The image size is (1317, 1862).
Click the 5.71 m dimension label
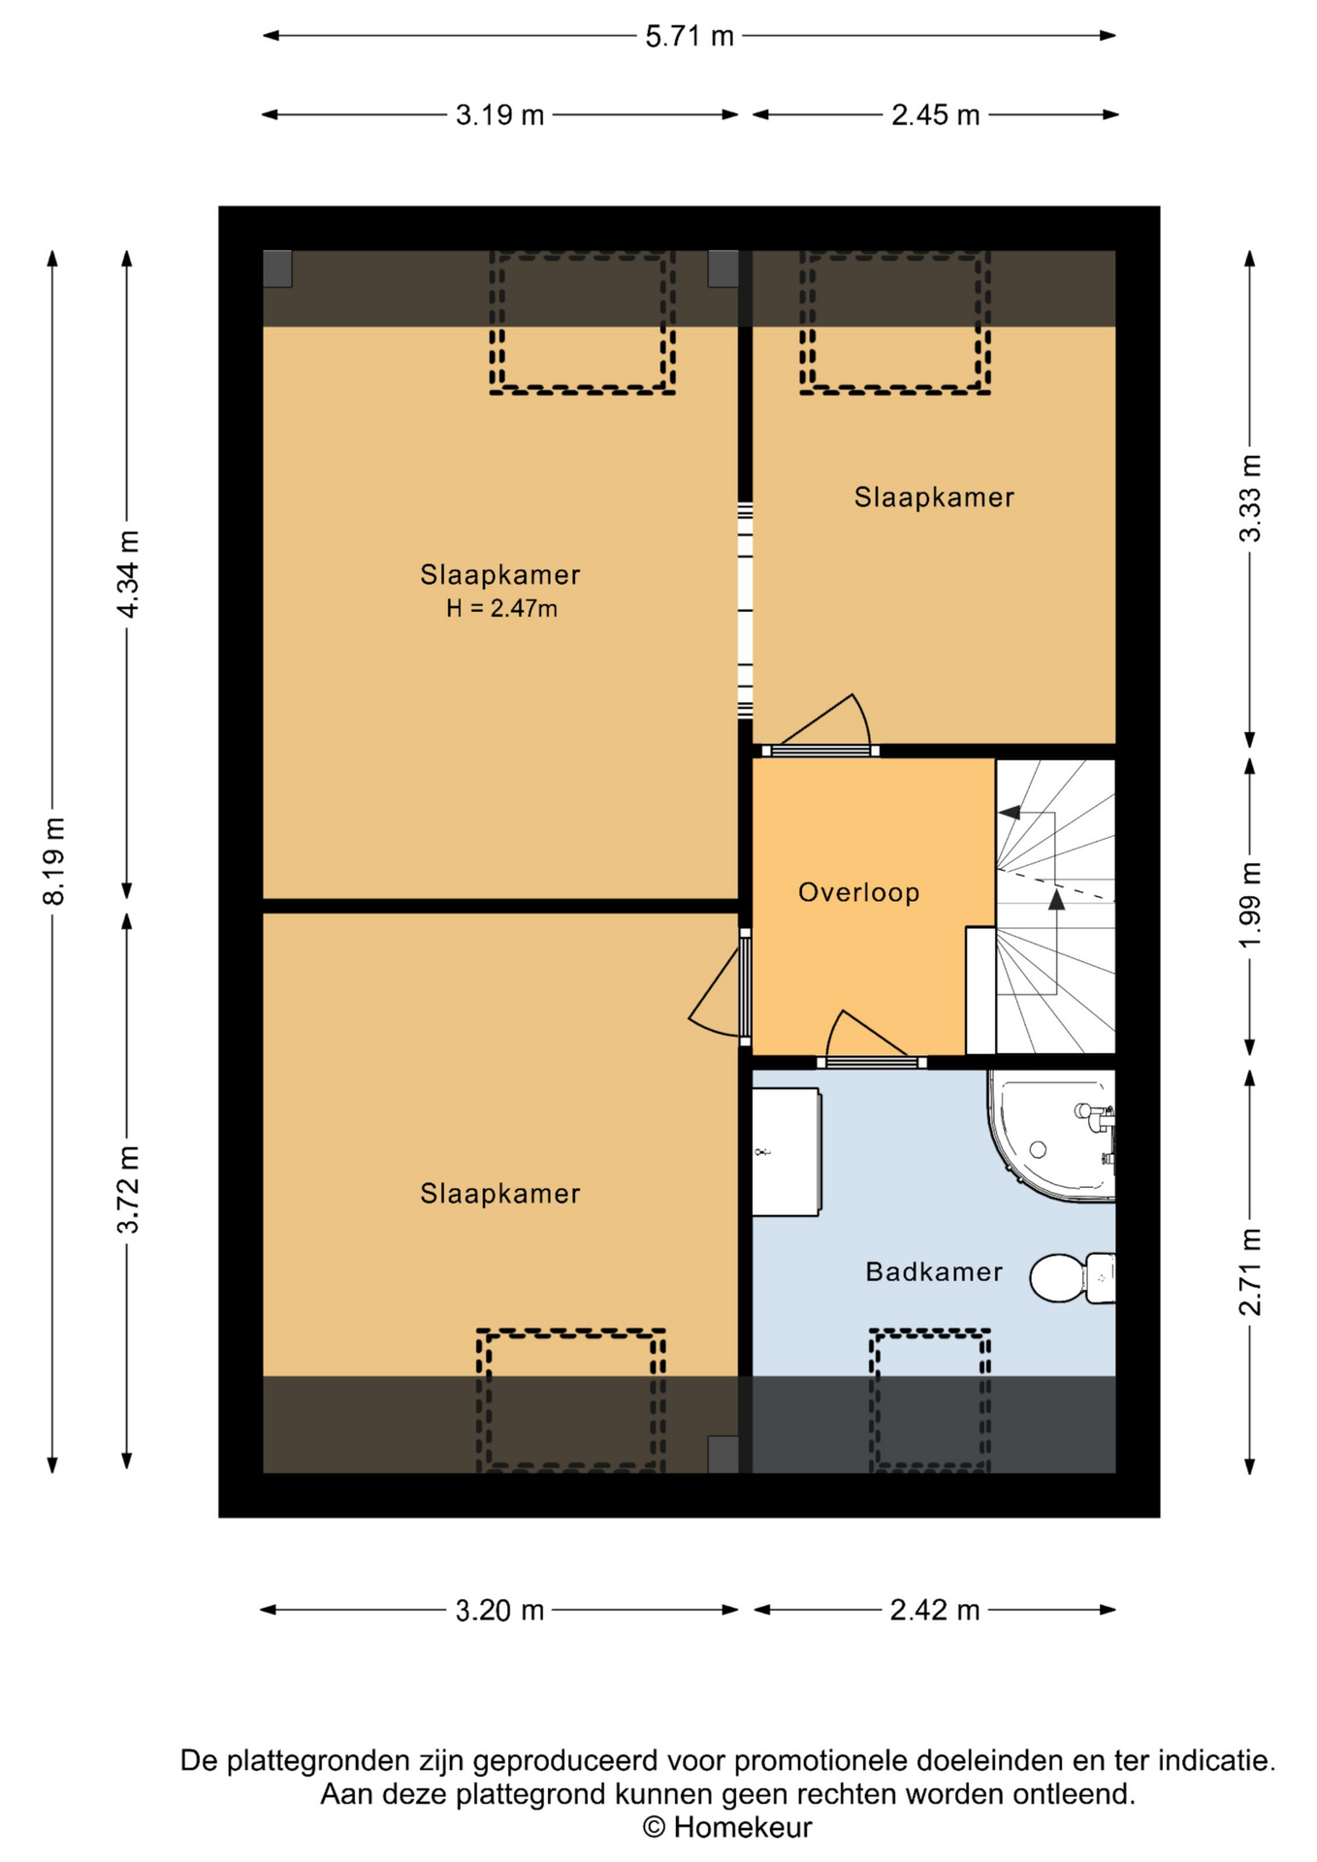(x=690, y=37)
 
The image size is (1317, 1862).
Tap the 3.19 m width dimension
(x=499, y=115)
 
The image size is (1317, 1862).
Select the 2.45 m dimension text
(x=935, y=115)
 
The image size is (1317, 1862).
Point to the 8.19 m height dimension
(x=54, y=860)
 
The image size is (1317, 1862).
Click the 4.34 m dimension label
(x=128, y=574)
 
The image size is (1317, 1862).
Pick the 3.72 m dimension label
(x=128, y=1189)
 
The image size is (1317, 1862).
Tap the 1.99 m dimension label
(x=1251, y=905)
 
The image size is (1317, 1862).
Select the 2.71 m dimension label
(x=1251, y=1271)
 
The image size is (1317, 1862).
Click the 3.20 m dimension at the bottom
(x=499, y=1611)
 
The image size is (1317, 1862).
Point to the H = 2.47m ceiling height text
(x=501, y=609)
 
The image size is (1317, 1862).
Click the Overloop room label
(x=858, y=892)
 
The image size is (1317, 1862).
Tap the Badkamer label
(x=934, y=1271)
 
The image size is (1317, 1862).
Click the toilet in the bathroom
(x=1073, y=1278)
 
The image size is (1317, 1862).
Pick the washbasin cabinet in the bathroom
(x=787, y=1152)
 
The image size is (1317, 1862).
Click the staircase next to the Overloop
(x=1055, y=906)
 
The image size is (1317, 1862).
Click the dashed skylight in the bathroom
(x=930, y=1400)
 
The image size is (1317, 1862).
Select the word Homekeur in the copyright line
(x=743, y=1828)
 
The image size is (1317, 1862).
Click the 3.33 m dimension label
(x=1251, y=498)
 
